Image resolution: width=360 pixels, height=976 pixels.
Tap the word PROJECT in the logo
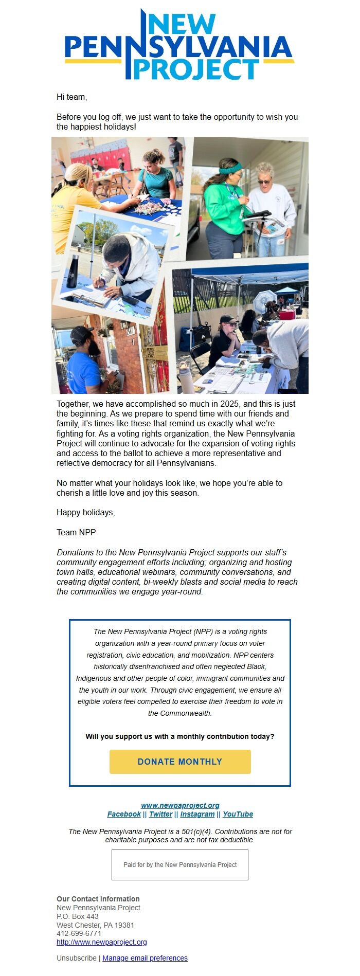pyautogui.click(x=195, y=69)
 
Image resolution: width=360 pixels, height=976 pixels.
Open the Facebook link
pyautogui.click(x=124, y=814)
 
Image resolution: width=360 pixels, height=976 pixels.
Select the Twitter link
pyautogui.click(x=160, y=814)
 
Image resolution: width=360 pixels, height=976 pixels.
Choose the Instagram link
pyautogui.click(x=197, y=814)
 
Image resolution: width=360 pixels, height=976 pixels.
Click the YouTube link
pyautogui.click(x=238, y=814)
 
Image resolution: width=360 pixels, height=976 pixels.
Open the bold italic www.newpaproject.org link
pyautogui.click(x=180, y=805)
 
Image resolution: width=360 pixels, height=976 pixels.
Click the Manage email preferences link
pyautogui.click(x=145, y=958)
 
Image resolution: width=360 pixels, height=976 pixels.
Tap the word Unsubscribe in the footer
pyautogui.click(x=77, y=958)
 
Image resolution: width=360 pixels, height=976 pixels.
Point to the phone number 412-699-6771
pyautogui.click(x=79, y=933)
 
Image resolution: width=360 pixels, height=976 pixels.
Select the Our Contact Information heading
pyautogui.click(x=98, y=899)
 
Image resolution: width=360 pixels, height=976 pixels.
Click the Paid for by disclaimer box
pyautogui.click(x=180, y=865)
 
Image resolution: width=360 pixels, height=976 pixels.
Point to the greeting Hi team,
pyautogui.click(x=72, y=97)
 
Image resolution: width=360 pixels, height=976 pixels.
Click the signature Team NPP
pyautogui.click(x=76, y=533)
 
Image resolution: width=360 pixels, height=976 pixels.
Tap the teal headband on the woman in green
pyautogui.click(x=231, y=168)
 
